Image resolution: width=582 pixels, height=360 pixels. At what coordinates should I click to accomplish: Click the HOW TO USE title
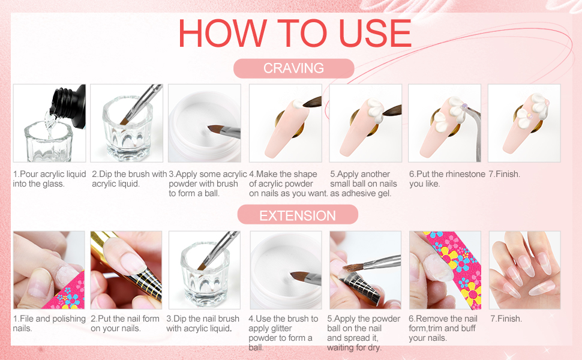(295, 34)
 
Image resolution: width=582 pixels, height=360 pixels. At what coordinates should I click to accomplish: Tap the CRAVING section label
(293, 68)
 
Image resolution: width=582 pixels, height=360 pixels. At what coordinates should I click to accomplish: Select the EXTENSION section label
(298, 215)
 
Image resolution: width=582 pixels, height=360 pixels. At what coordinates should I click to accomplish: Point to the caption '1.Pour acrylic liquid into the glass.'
(49, 179)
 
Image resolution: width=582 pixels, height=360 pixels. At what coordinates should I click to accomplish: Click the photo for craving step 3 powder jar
(204, 123)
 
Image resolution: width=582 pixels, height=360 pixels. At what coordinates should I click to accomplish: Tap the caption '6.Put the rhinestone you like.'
(446, 179)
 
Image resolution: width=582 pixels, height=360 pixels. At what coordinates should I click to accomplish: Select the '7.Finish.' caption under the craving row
(504, 174)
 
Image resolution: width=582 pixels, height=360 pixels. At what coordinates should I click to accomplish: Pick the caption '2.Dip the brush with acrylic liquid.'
(129, 179)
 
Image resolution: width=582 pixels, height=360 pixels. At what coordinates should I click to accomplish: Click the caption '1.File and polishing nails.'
(49, 323)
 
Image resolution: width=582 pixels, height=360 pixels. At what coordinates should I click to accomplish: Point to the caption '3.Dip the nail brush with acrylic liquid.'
(203, 323)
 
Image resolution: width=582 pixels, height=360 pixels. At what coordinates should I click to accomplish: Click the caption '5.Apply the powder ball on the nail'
(363, 333)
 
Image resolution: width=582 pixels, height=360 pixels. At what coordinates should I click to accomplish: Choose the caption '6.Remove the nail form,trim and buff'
(443, 328)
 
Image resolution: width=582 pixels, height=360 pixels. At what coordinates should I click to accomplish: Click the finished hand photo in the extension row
(524, 270)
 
